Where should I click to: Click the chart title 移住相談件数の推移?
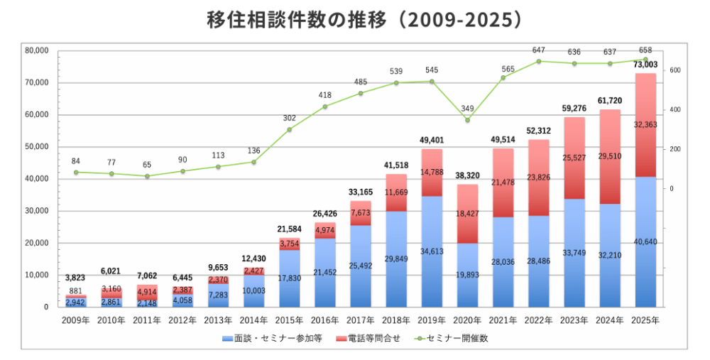point(355,19)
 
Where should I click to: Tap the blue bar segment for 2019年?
point(432,251)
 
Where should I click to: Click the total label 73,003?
point(645,65)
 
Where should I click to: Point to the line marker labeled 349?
point(467,120)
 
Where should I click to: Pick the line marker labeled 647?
point(538,62)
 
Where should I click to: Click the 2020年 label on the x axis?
point(467,320)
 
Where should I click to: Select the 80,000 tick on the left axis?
point(36,50)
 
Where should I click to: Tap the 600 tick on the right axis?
point(674,70)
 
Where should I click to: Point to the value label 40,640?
point(645,241)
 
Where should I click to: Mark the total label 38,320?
point(467,175)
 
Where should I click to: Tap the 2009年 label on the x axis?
point(76,320)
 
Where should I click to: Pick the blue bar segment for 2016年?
point(325,273)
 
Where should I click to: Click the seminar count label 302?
point(290,118)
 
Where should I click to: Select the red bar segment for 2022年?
point(538,178)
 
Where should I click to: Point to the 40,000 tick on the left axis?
point(36,179)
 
